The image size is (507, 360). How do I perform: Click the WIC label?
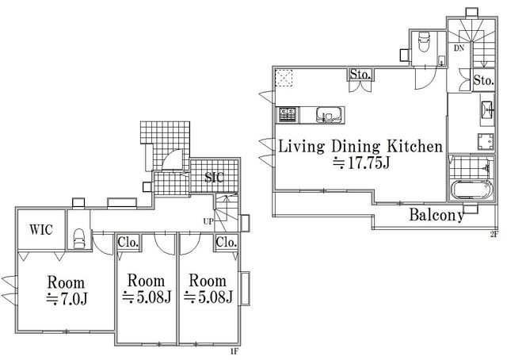click(41, 229)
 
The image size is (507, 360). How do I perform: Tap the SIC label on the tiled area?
click(214, 177)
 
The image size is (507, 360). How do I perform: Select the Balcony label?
click(436, 216)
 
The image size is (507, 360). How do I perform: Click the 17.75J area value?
click(361, 163)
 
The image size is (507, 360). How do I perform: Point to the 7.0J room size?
click(67, 299)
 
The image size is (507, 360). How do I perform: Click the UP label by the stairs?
click(208, 221)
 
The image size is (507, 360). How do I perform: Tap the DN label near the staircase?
click(459, 48)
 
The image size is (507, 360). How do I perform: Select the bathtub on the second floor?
click(471, 190)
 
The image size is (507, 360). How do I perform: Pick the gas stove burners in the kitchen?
click(288, 115)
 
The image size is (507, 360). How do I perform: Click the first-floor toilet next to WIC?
click(79, 238)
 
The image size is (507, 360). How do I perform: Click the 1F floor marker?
click(234, 351)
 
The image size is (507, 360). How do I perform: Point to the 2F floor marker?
click(494, 235)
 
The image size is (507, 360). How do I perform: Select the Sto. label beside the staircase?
click(484, 80)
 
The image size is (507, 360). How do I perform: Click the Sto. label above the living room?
click(360, 75)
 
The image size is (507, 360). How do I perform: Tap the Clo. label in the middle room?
click(128, 242)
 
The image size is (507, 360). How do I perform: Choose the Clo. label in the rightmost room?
click(227, 242)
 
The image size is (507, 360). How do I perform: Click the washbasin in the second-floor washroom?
click(487, 109)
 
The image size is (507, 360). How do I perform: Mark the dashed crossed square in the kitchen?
click(284, 78)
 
